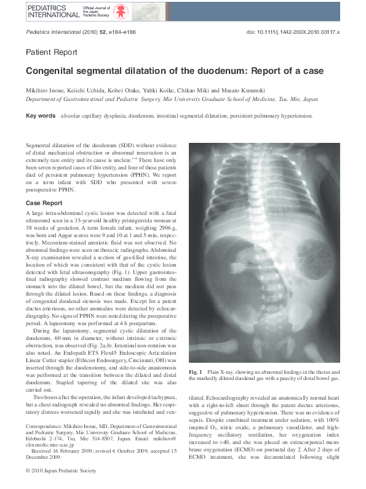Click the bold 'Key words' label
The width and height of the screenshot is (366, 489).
(x=40, y=116)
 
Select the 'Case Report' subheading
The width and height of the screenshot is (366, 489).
(x=44, y=203)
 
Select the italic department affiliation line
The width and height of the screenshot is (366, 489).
(x=172, y=99)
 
